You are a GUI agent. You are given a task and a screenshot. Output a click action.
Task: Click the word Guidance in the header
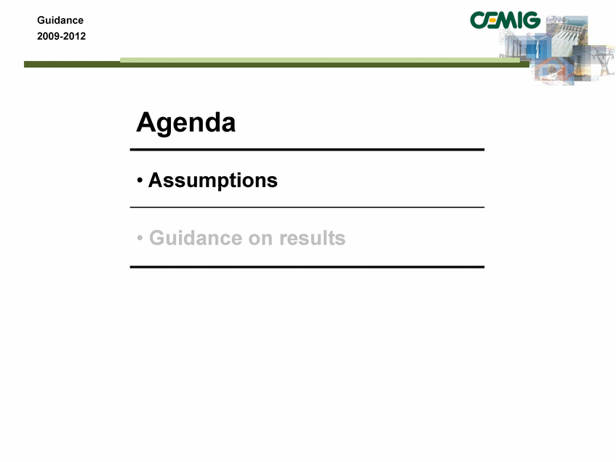(x=60, y=20)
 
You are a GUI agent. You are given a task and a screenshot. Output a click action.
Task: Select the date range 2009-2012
(x=61, y=36)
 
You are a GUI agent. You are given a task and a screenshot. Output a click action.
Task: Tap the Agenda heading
(x=186, y=123)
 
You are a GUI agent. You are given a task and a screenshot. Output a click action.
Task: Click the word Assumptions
(x=213, y=180)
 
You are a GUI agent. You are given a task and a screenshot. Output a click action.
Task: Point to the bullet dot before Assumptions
(x=140, y=180)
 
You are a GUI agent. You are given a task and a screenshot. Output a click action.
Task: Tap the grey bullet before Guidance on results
(x=140, y=238)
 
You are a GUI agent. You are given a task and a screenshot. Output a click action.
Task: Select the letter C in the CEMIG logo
(x=479, y=20)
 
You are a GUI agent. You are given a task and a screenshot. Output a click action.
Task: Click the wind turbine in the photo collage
(x=537, y=45)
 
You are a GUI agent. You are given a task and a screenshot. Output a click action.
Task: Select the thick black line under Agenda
(x=307, y=150)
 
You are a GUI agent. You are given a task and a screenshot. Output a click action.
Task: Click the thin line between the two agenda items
(x=307, y=207)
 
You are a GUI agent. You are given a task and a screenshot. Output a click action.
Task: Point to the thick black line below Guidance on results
(x=307, y=267)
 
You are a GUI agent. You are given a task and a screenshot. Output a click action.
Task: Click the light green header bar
(x=320, y=60)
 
